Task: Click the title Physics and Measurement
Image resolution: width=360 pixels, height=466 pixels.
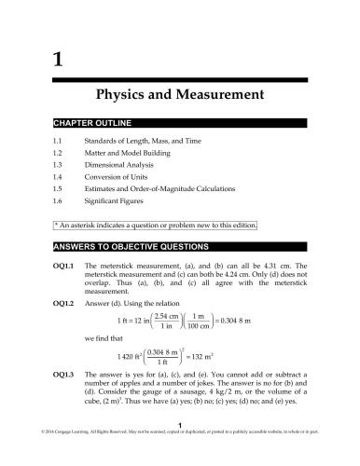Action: (181, 95)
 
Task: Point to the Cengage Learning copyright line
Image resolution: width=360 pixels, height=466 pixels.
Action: (180, 458)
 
